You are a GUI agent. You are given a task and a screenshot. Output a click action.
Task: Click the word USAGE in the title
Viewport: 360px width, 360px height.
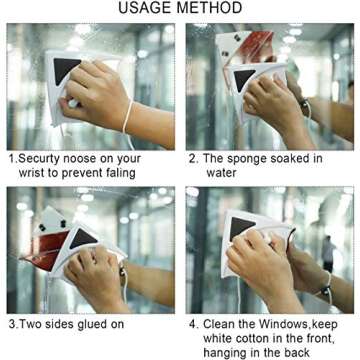(x=146, y=9)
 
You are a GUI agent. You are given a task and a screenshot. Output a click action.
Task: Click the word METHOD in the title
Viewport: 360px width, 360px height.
(x=209, y=9)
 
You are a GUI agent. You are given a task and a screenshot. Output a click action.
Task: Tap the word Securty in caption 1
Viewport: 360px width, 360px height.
(x=44, y=159)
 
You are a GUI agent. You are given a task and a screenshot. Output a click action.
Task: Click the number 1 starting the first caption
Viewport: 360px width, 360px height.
(x=11, y=159)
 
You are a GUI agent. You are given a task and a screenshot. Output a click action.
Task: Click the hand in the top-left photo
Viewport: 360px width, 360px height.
(x=95, y=95)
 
